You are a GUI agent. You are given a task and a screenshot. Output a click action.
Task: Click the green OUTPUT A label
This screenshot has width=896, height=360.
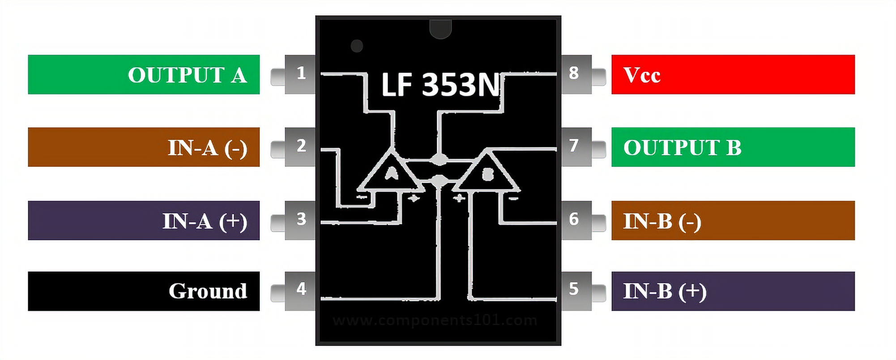[144, 74]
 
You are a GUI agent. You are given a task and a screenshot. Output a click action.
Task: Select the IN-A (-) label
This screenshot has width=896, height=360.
[144, 147]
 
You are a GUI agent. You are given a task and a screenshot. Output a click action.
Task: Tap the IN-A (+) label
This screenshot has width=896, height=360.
[144, 220]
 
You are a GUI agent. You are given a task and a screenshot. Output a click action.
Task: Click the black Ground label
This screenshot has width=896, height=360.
[144, 291]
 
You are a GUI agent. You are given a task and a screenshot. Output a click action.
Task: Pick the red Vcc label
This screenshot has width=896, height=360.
[733, 74]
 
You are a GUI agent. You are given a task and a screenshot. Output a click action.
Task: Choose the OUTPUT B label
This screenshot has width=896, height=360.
[733, 147]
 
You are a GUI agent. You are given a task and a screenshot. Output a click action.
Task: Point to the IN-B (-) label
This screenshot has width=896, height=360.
[733, 220]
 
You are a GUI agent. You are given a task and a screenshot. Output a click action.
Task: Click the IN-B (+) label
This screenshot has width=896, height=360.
[733, 291]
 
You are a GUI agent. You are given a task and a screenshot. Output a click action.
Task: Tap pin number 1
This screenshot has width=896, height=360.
[301, 73]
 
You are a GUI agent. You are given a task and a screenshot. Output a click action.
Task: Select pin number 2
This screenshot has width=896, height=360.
[301, 146]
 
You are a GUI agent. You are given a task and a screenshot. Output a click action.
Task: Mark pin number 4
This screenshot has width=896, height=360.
[301, 289]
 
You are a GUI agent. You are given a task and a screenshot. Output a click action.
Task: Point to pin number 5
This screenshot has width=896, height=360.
[574, 289]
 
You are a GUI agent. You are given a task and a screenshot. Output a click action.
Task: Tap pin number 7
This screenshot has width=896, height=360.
[574, 146]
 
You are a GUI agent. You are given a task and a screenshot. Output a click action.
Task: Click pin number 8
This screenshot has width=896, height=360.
[574, 73]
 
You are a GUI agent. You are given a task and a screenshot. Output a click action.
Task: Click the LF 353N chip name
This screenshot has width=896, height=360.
[440, 85]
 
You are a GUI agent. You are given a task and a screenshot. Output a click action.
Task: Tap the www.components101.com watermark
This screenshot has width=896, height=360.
[435, 321]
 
